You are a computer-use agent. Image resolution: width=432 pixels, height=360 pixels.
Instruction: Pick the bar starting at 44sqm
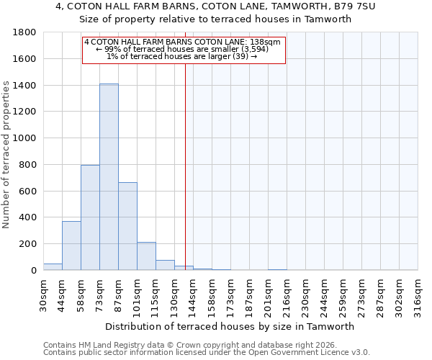coord(71,246)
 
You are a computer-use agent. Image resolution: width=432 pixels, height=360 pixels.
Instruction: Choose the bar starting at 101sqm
coord(146,256)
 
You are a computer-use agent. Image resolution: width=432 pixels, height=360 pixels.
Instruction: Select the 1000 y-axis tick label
coord(25,138)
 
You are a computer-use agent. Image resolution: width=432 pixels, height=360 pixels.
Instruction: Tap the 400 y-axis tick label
coord(28,217)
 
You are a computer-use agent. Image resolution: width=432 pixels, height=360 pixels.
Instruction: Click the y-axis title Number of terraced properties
coord(6,155)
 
